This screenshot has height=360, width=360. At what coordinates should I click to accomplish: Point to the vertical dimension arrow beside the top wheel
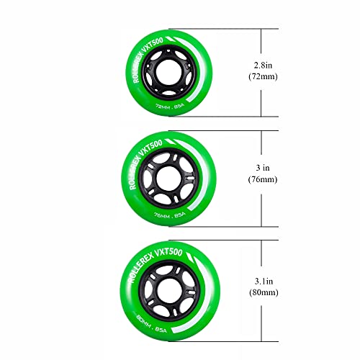pos(279,72)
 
